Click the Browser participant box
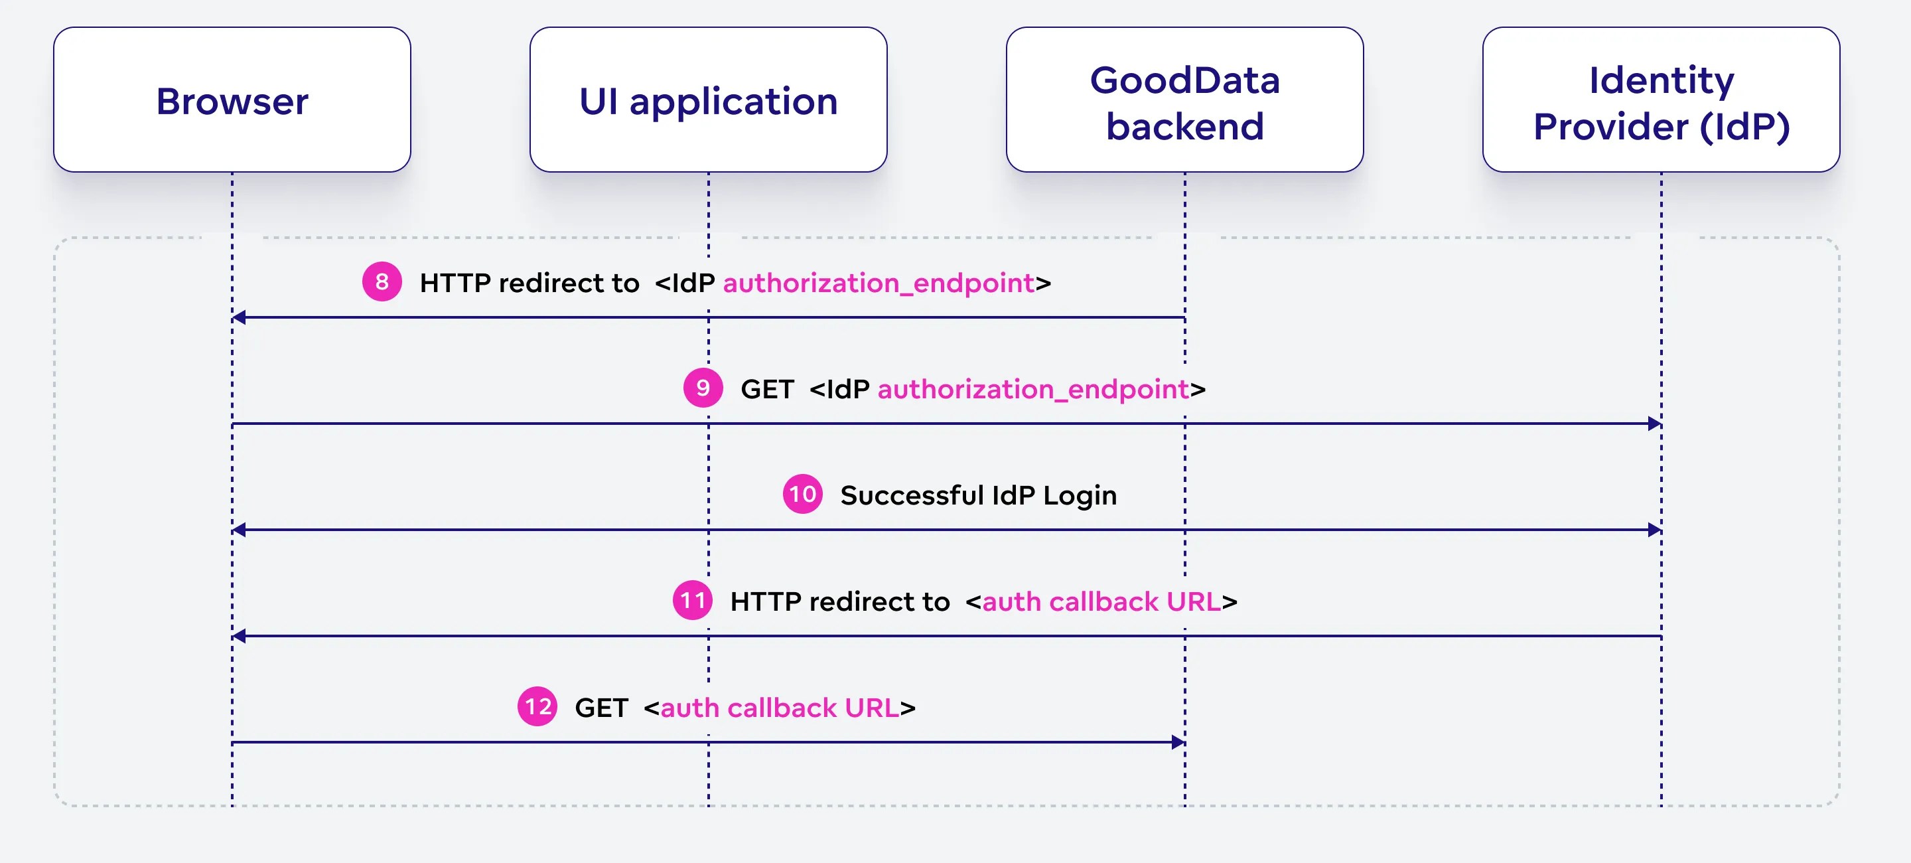(x=232, y=100)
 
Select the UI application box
(x=708, y=100)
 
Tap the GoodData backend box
(x=1184, y=100)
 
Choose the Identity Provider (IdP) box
(x=1660, y=100)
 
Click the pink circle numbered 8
(x=382, y=282)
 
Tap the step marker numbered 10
(x=802, y=494)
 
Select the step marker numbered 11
(x=692, y=600)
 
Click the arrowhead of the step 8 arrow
(x=239, y=317)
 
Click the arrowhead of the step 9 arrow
(x=1654, y=424)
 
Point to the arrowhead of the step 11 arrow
(x=239, y=636)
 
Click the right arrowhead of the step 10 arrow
(x=1654, y=530)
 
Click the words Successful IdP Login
(x=978, y=495)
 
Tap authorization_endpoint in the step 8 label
(x=879, y=283)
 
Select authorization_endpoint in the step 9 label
(x=1032, y=389)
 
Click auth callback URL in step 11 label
(x=1101, y=601)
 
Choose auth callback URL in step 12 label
(x=779, y=708)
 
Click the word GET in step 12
(x=601, y=708)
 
